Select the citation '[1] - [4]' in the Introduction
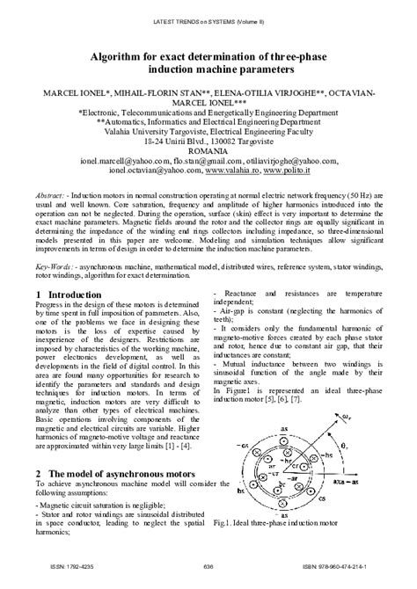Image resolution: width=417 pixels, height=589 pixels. click(180, 447)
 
